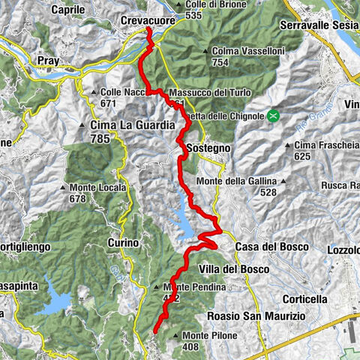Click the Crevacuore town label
click(x=148, y=21)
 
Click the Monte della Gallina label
click(x=236, y=181)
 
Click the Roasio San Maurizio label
click(x=256, y=316)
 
